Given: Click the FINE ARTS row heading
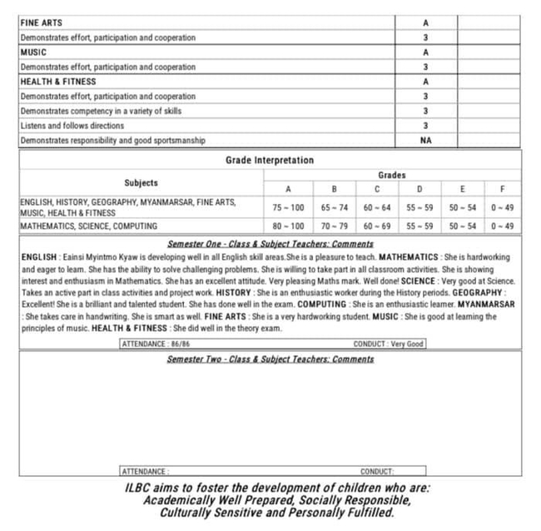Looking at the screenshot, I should click(41, 22).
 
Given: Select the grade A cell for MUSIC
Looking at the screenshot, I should click(425, 52).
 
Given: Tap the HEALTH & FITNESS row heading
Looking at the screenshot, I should click(58, 82).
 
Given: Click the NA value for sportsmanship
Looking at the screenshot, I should click(425, 141).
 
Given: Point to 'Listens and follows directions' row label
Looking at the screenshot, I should click(72, 126).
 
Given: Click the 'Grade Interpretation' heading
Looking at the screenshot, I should click(270, 160).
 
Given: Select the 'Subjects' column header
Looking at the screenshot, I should click(141, 182).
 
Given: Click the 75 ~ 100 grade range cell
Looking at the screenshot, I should click(288, 206).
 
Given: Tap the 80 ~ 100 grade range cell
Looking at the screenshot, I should click(288, 226).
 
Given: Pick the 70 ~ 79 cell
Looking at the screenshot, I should click(334, 226).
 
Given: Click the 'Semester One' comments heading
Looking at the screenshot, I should click(270, 244).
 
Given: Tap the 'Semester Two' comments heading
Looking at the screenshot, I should click(270, 359).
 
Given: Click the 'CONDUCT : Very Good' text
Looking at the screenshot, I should click(388, 344).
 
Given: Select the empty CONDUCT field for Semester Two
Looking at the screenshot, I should click(391, 471).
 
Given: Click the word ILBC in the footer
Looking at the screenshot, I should click(137, 489).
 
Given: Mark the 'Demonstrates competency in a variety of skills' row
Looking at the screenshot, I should click(101, 111).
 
